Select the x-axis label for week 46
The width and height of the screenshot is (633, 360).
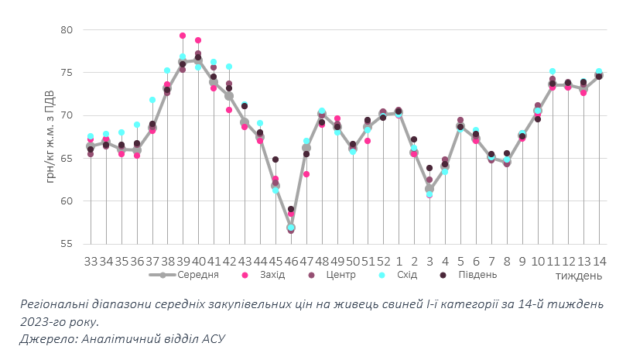(x=291, y=262)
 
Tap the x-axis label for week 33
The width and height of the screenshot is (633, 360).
(x=91, y=262)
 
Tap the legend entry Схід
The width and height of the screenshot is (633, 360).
(x=404, y=274)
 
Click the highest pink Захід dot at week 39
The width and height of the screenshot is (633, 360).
(x=183, y=36)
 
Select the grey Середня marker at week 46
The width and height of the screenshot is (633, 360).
(x=291, y=228)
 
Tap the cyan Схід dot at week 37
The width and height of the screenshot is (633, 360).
(x=152, y=100)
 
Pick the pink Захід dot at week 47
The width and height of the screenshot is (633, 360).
(x=306, y=174)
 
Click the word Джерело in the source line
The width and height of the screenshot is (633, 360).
(x=47, y=338)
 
